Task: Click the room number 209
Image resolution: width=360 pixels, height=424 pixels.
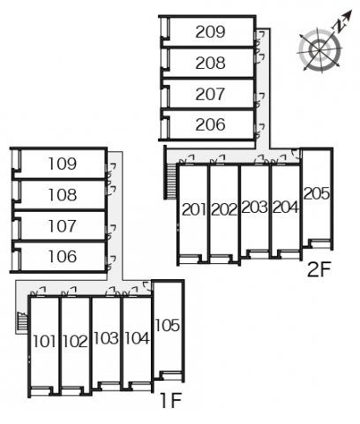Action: tap(210, 32)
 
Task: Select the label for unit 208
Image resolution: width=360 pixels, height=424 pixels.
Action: tap(210, 63)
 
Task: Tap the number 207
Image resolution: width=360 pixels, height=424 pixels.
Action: tap(210, 94)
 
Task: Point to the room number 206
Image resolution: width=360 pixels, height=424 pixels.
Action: tap(210, 125)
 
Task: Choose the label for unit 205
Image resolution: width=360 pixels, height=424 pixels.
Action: tap(317, 193)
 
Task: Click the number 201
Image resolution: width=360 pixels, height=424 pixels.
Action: tap(194, 209)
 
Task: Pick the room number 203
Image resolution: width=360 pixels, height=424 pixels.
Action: tap(254, 207)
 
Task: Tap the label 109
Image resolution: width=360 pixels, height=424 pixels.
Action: tap(63, 163)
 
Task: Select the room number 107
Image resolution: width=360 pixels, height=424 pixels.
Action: tap(63, 226)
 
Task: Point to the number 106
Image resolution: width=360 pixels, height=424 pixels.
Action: tap(63, 256)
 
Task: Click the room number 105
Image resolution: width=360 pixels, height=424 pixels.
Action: tap(168, 325)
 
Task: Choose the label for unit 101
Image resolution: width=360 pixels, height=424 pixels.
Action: tap(44, 341)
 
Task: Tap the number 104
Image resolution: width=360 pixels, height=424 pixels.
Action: tap(137, 338)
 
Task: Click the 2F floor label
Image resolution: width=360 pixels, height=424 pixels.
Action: tap(319, 269)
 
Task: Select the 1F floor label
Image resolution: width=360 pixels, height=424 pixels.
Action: tap(171, 400)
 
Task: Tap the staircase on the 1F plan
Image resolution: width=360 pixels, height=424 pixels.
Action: tap(22, 322)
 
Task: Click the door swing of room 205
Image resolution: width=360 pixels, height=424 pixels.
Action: tap(295, 154)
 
